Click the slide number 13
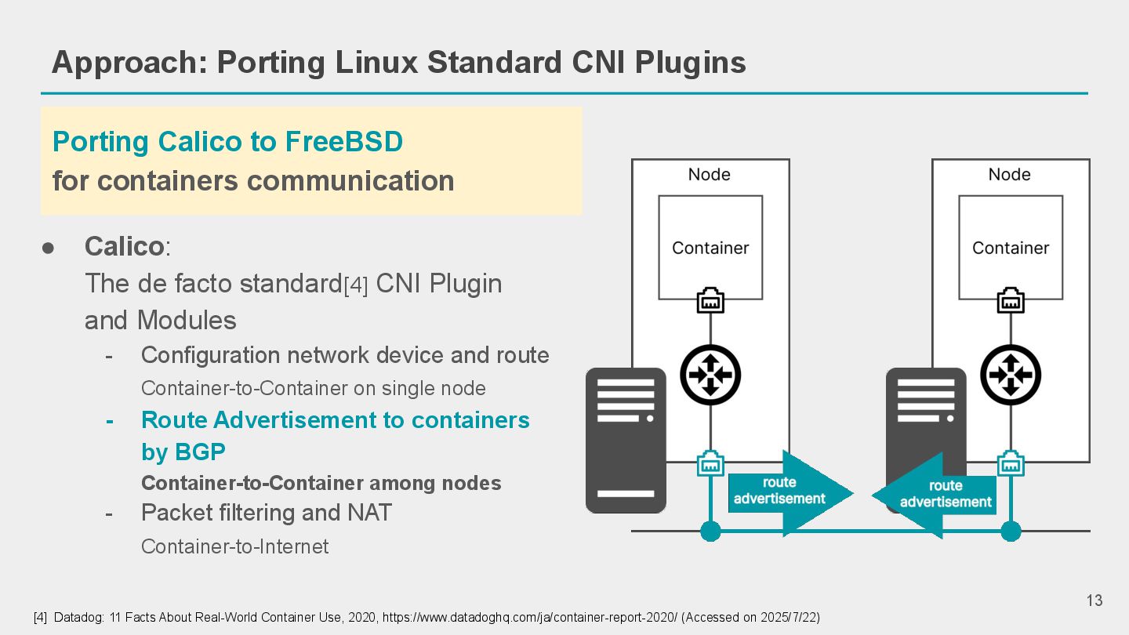[1095, 601]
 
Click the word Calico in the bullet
[124, 247]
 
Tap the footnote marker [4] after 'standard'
[355, 286]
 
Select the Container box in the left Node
[710, 248]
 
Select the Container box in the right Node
[1011, 248]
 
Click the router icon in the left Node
[710, 375]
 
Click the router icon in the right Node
[1011, 375]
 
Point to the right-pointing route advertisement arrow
[788, 492]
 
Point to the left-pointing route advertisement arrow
[937, 495]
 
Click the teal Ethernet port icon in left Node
[710, 463]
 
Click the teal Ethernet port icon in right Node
[1011, 463]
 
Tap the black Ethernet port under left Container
[710, 301]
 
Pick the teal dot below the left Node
[710, 532]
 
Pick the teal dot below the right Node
[1011, 532]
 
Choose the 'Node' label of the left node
[710, 175]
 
